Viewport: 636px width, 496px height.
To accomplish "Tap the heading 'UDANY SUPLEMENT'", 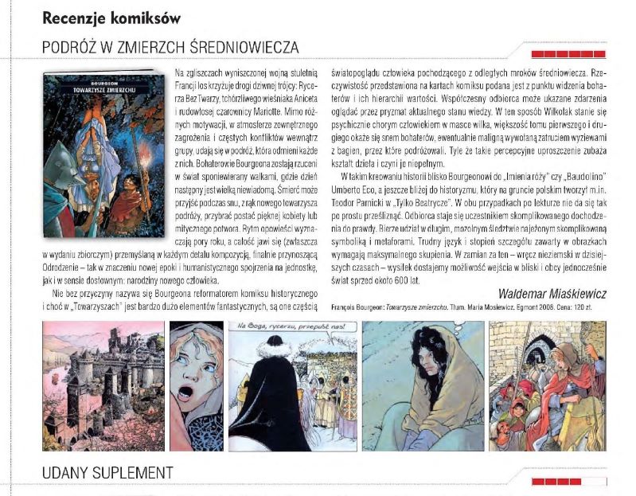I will [107, 471].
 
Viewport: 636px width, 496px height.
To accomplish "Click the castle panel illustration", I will [102, 385].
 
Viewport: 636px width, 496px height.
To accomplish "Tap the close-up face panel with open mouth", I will [194, 385].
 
